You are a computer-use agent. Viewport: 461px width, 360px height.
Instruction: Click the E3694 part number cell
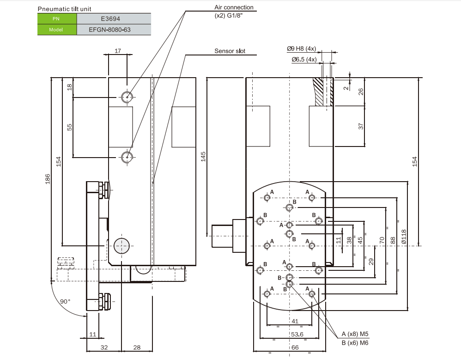(114, 19)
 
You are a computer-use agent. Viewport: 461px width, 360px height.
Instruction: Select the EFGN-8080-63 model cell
(114, 30)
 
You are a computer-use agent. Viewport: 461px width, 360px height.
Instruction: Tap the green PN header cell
(57, 19)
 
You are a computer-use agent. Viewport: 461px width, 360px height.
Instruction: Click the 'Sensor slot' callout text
(230, 51)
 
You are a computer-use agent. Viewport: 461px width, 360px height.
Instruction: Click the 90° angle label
(66, 301)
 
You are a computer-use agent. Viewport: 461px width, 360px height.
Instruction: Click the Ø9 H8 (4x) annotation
(301, 49)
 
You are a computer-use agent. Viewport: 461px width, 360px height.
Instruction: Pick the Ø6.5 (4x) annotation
(303, 60)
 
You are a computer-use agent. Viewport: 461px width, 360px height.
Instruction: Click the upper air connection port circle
(127, 97)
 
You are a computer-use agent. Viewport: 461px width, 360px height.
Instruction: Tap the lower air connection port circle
(127, 157)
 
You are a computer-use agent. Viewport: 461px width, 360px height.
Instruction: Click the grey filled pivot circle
(121, 246)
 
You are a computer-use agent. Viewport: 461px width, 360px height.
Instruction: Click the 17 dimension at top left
(117, 51)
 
